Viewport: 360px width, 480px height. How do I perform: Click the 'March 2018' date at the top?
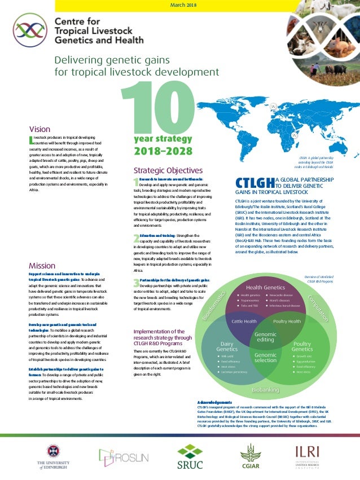click(x=183, y=5)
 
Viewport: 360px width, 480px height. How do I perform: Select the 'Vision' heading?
click(x=39, y=129)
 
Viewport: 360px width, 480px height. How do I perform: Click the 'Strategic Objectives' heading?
click(x=168, y=155)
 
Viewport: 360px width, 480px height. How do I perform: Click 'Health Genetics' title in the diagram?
click(x=265, y=288)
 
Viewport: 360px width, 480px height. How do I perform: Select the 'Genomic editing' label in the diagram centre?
click(x=265, y=337)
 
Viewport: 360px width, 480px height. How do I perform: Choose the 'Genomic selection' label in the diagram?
click(x=265, y=358)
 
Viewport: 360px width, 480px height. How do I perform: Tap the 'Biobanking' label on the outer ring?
click(x=265, y=389)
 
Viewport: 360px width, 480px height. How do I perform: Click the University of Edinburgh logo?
click(x=53, y=456)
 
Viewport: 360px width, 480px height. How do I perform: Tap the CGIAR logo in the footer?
click(x=251, y=456)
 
